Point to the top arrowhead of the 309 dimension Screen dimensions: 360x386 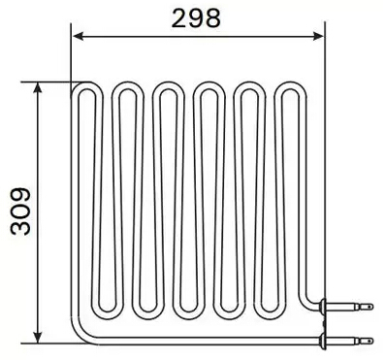[37, 86]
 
